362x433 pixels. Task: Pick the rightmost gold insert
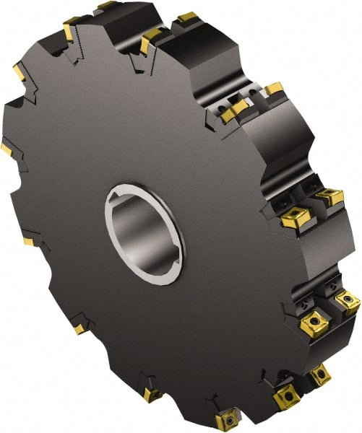click(348, 301)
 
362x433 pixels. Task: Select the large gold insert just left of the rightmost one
click(316, 323)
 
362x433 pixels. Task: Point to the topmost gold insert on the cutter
click(107, 5)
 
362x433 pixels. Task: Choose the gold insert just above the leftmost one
click(19, 73)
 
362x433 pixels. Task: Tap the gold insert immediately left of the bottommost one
click(152, 394)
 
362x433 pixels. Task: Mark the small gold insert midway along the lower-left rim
click(79, 329)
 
